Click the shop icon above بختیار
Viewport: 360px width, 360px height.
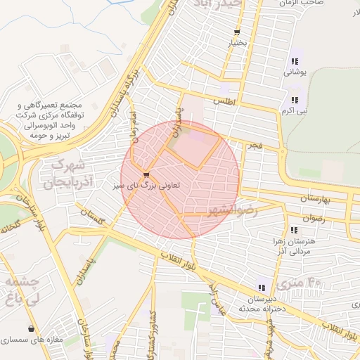(238, 32)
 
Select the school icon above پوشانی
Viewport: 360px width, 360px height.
(294, 60)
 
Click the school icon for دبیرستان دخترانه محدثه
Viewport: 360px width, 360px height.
(262, 288)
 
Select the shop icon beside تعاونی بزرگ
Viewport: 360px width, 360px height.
(146, 175)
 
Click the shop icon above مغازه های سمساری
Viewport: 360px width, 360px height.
(31, 328)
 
